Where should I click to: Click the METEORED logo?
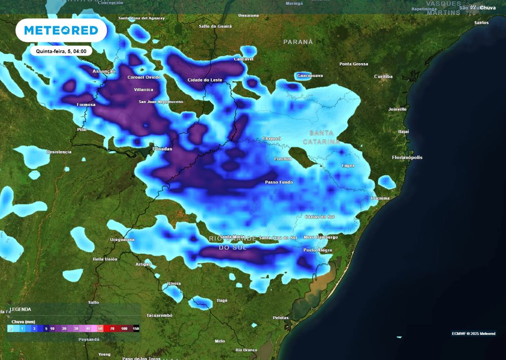point(61,31)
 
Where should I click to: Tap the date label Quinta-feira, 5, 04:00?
point(61,51)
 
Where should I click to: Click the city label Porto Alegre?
point(317,250)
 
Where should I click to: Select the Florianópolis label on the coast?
point(407,158)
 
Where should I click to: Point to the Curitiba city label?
point(383,77)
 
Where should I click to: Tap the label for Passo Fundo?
point(279,182)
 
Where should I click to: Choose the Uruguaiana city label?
point(122,240)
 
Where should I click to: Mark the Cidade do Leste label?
point(205,80)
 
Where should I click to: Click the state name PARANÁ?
point(298,42)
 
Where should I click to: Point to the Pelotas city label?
point(280,318)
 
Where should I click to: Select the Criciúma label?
point(380,198)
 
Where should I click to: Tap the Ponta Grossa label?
point(353,64)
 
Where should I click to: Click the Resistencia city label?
point(59,152)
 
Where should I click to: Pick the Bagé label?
point(222,300)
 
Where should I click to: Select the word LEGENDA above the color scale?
point(20,310)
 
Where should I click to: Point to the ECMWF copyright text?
point(473,334)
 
